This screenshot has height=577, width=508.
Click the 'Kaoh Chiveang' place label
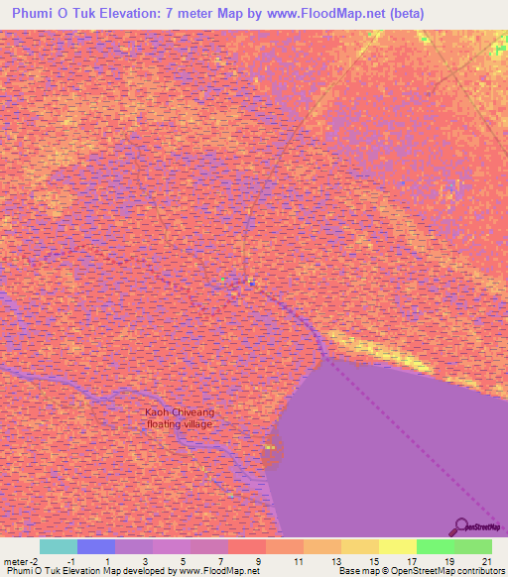click(180, 411)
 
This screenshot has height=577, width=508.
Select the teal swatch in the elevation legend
click(59, 546)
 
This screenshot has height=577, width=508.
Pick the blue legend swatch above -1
click(96, 546)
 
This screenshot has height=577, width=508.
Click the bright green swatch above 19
click(436, 546)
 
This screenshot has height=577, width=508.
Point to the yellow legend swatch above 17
click(398, 546)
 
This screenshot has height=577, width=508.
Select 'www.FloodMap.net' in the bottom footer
click(209, 571)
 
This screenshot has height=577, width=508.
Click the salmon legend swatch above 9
click(247, 546)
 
